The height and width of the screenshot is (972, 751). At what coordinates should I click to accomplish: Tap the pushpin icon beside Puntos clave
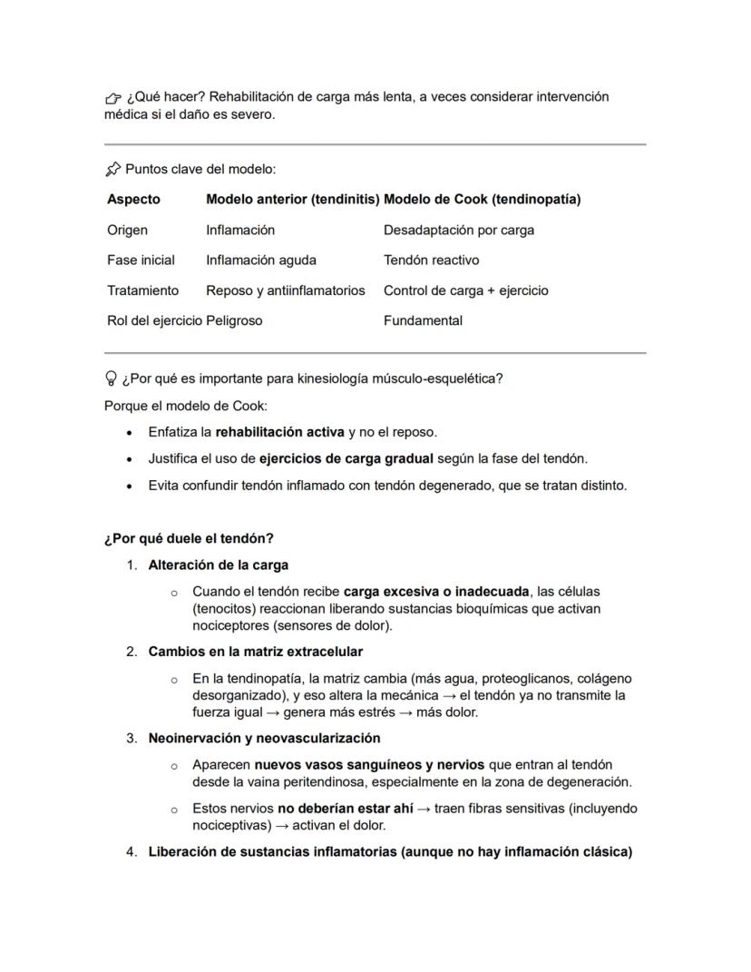coord(112,169)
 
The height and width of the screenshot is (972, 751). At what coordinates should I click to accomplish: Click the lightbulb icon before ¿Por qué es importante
coord(112,378)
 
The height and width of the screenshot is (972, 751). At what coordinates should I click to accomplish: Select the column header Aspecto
coord(133,199)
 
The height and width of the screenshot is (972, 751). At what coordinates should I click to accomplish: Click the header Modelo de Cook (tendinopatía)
coord(482,199)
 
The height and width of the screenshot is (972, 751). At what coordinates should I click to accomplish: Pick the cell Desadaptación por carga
coord(458,230)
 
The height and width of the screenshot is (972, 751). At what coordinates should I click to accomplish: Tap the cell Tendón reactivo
coord(431,260)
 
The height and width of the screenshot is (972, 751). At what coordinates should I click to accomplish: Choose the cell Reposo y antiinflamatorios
coord(285,290)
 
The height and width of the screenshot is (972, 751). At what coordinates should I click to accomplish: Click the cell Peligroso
coord(234,320)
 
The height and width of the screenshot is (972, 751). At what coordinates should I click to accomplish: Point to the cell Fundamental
coord(423,320)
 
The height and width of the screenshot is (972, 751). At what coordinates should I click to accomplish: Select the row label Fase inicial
coord(141,260)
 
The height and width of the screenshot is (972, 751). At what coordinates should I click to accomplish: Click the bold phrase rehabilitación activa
coord(279,432)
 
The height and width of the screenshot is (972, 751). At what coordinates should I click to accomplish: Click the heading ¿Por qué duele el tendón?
coord(189,538)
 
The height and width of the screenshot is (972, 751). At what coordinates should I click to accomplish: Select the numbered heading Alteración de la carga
coord(218,565)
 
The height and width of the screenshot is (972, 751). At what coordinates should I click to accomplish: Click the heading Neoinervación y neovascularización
coord(264,738)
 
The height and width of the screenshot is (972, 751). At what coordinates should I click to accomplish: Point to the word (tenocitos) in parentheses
coord(224,608)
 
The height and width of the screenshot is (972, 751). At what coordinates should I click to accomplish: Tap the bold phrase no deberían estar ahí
coord(345,808)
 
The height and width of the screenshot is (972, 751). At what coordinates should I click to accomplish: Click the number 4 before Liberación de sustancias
coord(131,851)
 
